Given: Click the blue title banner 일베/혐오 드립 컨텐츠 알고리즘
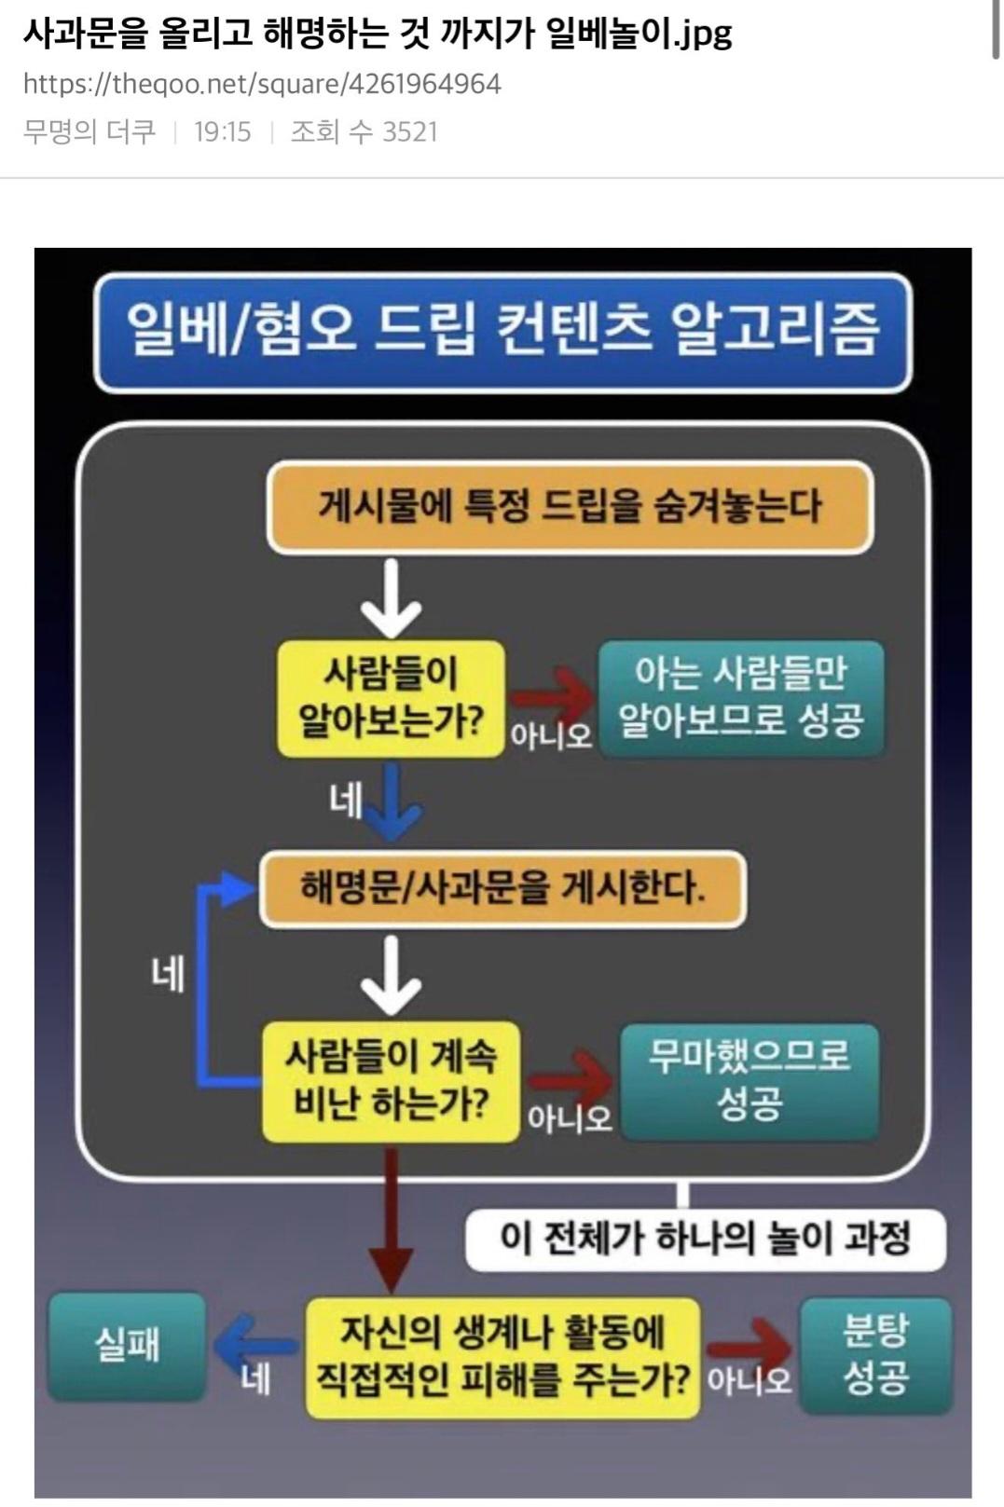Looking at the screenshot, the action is point(503,333).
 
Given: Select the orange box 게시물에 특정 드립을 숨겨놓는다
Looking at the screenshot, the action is point(571,507).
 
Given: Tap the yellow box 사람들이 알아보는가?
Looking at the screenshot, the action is point(391,698).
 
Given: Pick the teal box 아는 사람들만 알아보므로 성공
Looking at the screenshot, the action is point(741,698).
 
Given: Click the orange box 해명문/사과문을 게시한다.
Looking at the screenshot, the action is point(503,889).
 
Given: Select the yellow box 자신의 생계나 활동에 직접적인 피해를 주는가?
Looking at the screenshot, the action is point(503,1358).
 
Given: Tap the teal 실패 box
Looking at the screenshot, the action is point(127,1347).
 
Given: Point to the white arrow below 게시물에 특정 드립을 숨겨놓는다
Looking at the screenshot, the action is point(391,597).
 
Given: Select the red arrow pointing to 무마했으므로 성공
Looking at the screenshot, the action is point(570,1082).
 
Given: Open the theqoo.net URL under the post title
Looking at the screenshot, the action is point(263,85).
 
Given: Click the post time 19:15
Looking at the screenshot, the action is point(223,131).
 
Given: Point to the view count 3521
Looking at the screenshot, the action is point(410,131).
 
